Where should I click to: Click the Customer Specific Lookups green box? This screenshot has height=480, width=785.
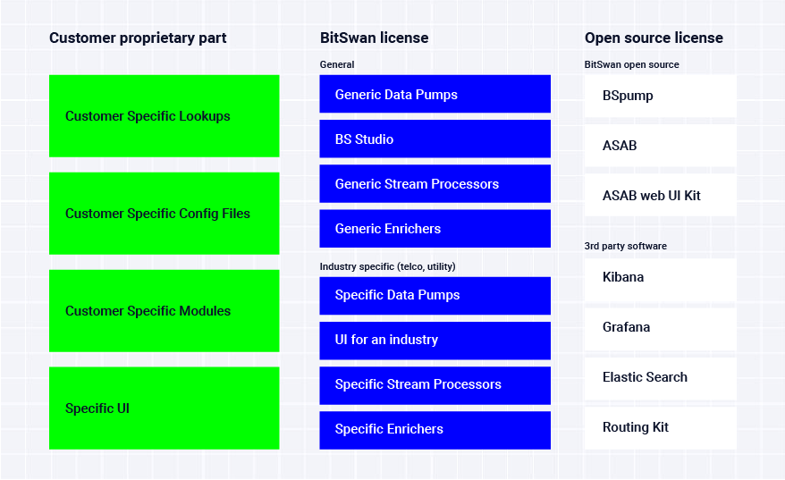[x=165, y=116]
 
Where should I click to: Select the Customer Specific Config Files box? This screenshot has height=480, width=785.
[x=165, y=214]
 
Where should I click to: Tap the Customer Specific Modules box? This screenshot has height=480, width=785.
[x=165, y=311]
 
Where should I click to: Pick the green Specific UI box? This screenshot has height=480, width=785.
[x=165, y=408]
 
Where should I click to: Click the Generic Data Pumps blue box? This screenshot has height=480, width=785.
[x=435, y=94]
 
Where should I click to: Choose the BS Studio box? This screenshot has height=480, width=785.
[x=435, y=139]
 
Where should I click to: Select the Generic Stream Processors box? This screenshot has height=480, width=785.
[x=435, y=184]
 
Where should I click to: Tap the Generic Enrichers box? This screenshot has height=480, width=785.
[x=435, y=229]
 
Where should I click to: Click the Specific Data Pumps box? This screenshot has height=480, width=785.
[x=435, y=296]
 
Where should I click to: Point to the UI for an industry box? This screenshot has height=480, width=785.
[x=435, y=341]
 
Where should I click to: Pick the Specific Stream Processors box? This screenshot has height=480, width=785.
[x=435, y=385]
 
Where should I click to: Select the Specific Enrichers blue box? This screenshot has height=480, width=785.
[x=435, y=431]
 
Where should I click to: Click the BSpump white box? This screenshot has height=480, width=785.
[x=661, y=97]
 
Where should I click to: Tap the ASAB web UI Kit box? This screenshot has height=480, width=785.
[x=661, y=196]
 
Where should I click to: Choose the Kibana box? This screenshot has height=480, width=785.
[x=661, y=279]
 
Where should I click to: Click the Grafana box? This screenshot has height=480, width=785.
[x=661, y=328]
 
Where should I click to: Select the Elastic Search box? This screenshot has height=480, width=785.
[x=661, y=378]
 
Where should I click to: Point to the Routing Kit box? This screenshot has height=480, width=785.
[x=661, y=428]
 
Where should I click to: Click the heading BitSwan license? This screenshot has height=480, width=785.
[x=374, y=38]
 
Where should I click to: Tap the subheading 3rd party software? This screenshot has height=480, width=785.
[x=625, y=246]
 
